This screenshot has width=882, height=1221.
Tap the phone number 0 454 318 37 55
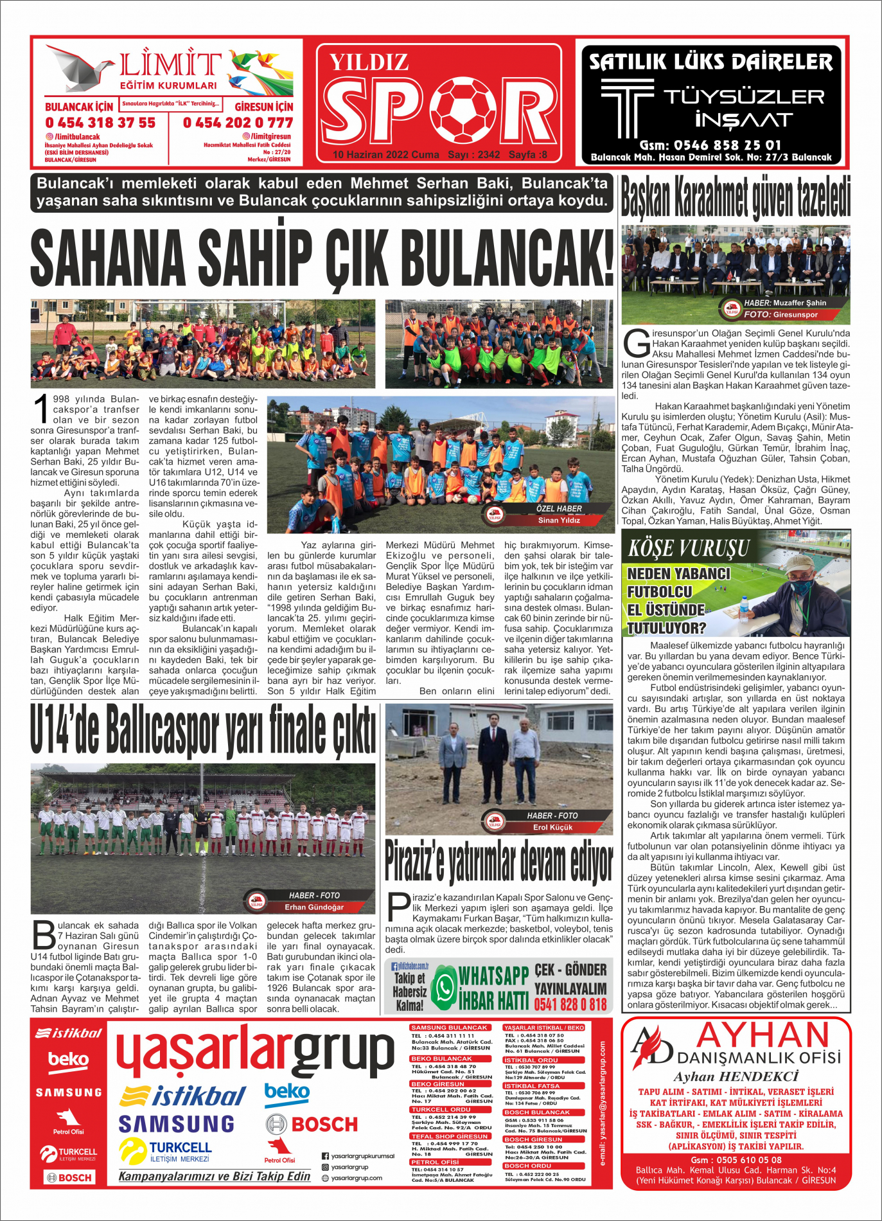[100, 123]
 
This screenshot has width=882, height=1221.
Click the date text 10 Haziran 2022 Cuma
[385, 155]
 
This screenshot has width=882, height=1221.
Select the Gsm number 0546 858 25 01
[710, 145]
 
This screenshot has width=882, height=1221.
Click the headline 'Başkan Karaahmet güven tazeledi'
[736, 198]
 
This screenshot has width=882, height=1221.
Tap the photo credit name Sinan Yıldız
[558, 521]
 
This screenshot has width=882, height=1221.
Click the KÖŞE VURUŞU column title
[689, 548]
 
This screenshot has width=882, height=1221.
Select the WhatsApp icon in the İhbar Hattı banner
[443, 988]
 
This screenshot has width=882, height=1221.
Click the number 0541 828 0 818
[570, 1004]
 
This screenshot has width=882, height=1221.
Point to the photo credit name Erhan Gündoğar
[314, 907]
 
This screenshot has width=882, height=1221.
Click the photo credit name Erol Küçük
[552, 828]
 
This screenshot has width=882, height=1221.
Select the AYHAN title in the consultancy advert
[763, 1036]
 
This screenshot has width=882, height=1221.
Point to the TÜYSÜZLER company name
[743, 97]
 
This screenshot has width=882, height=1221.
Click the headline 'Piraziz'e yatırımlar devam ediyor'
[498, 861]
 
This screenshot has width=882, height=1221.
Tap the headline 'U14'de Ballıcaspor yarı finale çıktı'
[203, 729]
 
